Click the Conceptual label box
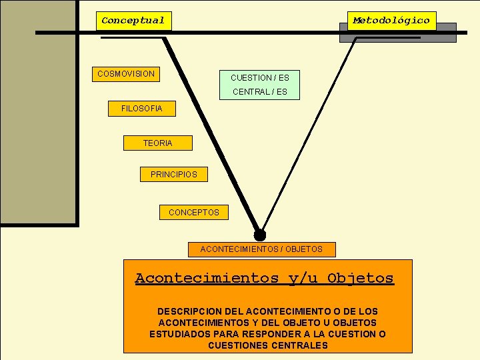point(133,21)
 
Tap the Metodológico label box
point(391,21)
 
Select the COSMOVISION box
point(126,74)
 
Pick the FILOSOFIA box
point(141,109)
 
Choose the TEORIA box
point(157,143)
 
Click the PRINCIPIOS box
point(174,175)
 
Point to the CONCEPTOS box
point(193,213)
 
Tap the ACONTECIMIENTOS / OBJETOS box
point(261,249)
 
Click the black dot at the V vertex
point(260,235)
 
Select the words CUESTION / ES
point(260,78)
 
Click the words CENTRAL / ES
point(260,92)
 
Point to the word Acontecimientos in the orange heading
point(207,278)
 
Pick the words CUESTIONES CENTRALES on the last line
point(268,345)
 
